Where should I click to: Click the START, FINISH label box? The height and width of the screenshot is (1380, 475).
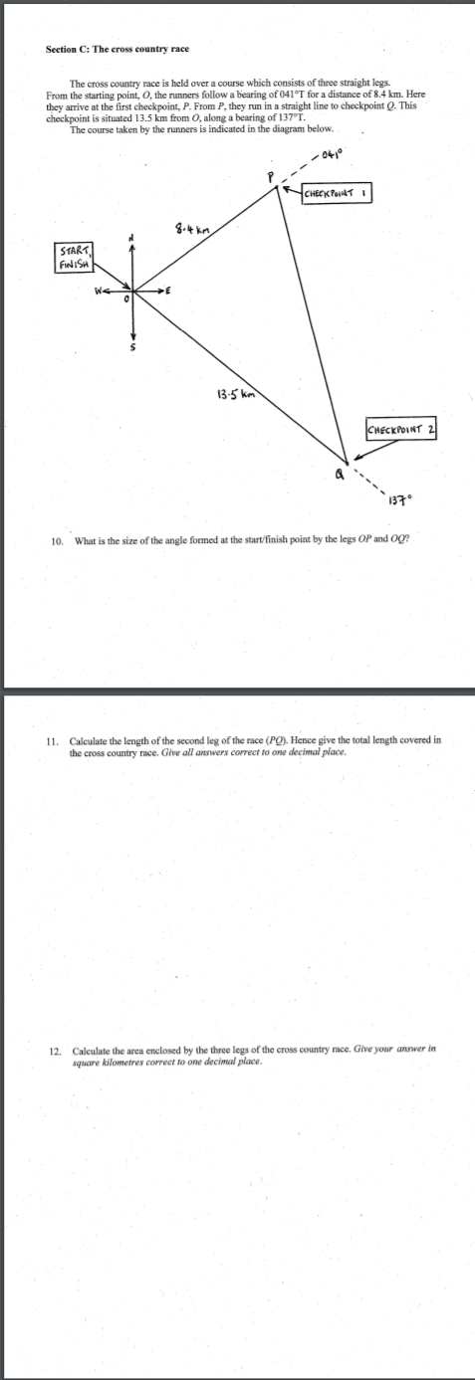point(74,258)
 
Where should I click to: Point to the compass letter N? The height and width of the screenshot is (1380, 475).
point(128,237)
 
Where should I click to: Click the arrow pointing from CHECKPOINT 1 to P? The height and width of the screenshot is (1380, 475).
point(290,189)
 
